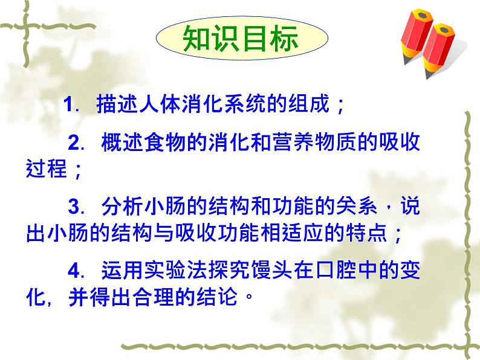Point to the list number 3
[74, 206]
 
